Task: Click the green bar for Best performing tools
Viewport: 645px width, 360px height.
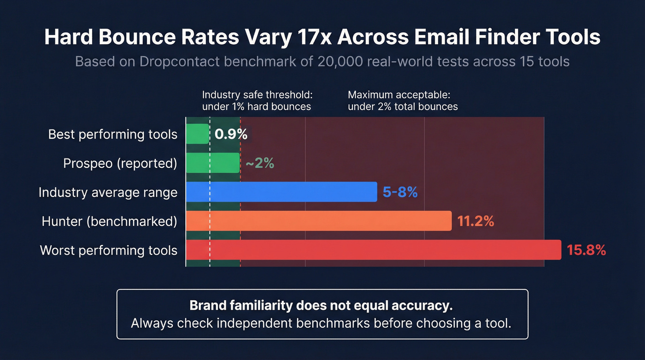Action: click(x=197, y=134)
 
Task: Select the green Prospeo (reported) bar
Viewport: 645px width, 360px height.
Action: click(x=212, y=163)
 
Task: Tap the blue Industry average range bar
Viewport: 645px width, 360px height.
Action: click(x=281, y=192)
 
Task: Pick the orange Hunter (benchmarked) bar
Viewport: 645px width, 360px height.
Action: click(x=318, y=221)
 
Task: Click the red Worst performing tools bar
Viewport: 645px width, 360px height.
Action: click(x=373, y=250)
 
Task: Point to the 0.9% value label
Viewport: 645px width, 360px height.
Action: click(x=231, y=134)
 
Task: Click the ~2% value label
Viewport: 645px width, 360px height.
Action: click(x=260, y=163)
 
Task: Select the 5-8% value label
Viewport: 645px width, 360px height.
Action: click(x=400, y=192)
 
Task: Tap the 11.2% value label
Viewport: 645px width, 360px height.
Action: click(x=475, y=221)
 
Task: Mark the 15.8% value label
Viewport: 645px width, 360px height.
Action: click(x=586, y=250)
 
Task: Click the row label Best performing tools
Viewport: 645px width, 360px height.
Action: click(x=113, y=135)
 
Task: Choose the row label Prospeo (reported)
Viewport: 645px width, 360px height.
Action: click(x=120, y=164)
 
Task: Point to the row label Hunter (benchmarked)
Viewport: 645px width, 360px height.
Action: click(x=110, y=221)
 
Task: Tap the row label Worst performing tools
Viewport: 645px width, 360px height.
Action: click(x=109, y=250)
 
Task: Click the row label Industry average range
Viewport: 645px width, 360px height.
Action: click(x=108, y=192)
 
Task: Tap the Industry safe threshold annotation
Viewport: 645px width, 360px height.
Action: click(x=257, y=100)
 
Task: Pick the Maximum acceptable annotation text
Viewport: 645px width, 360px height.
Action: click(x=403, y=100)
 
